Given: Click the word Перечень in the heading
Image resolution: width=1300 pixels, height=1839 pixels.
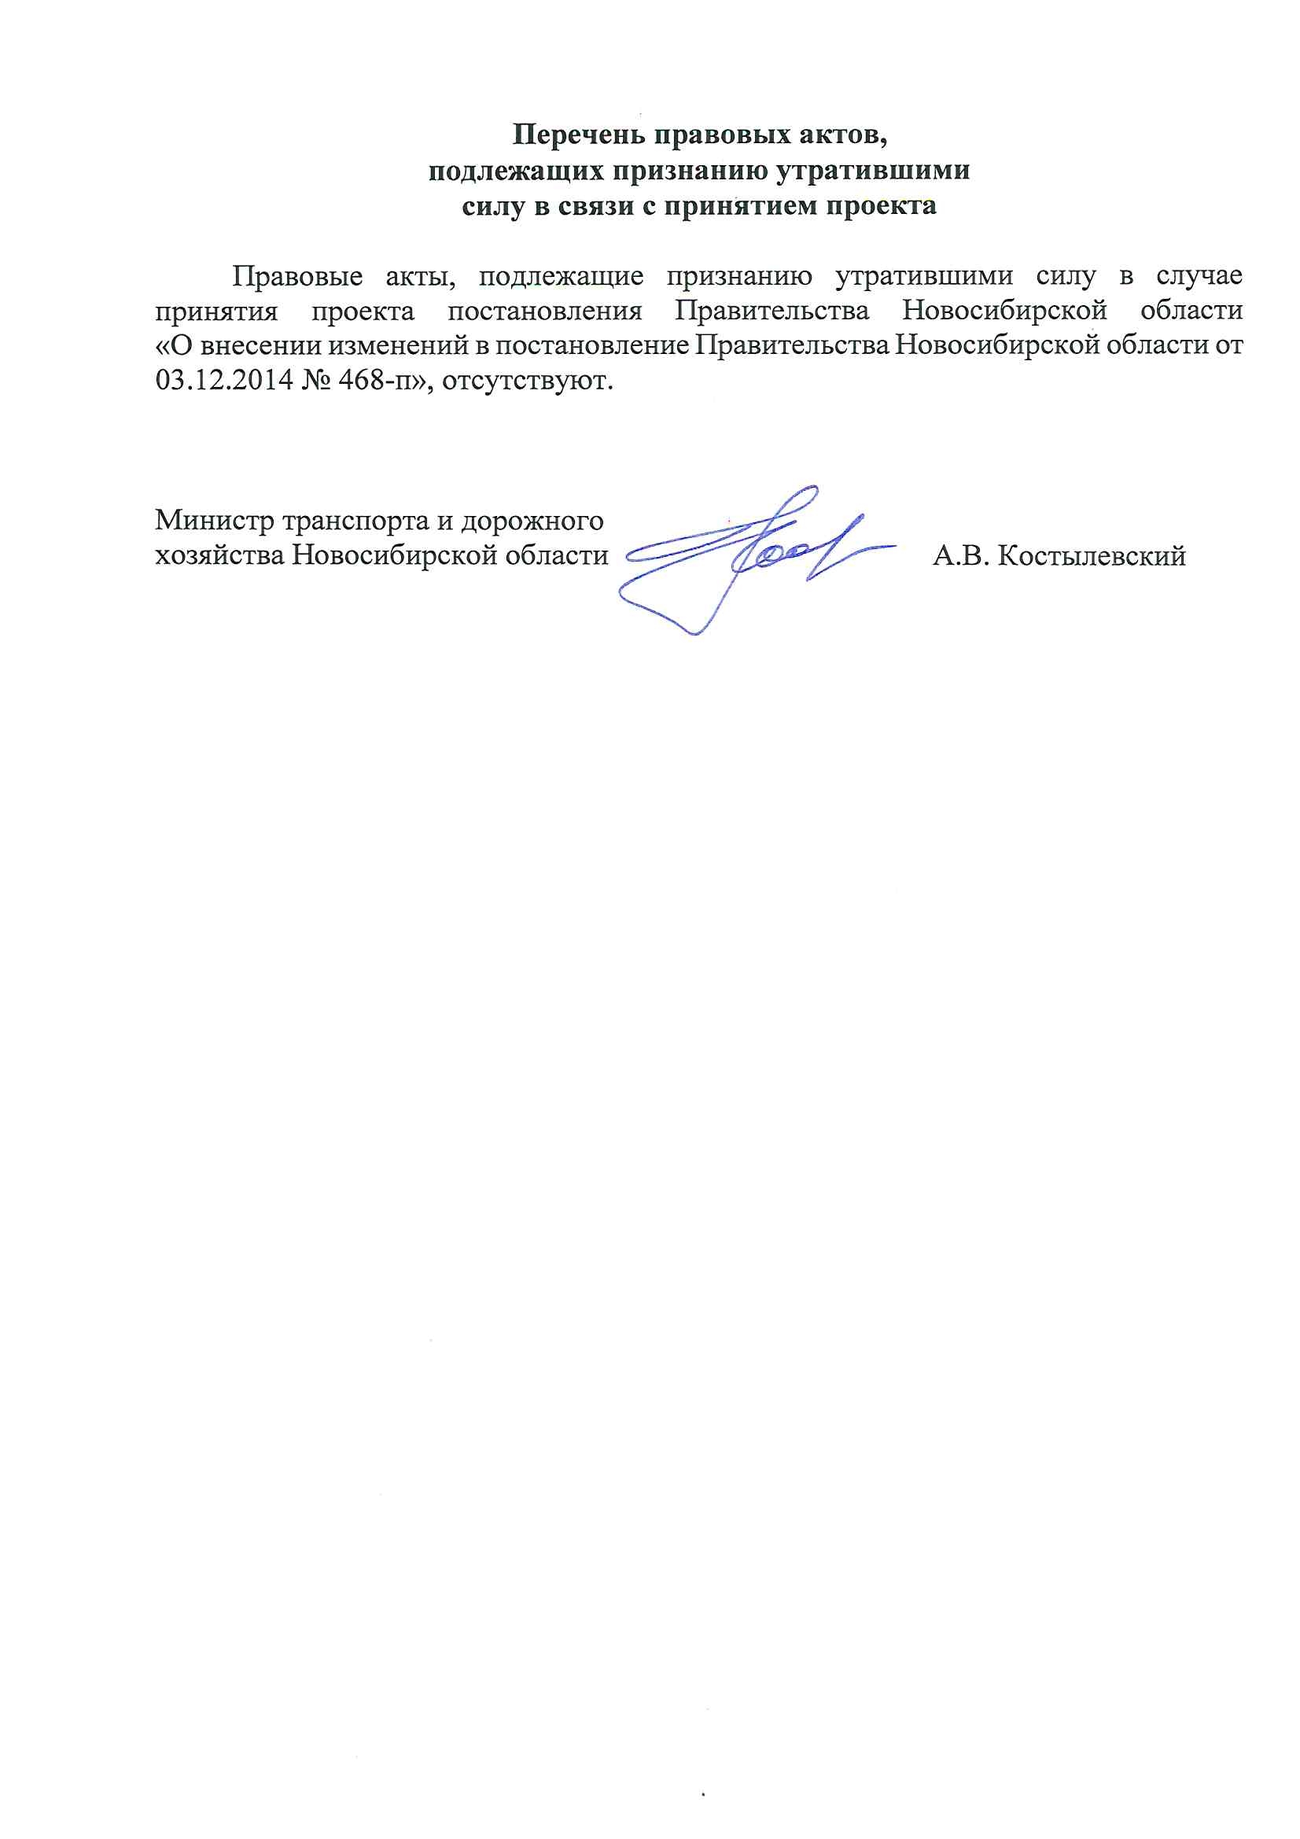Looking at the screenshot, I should coord(578,135).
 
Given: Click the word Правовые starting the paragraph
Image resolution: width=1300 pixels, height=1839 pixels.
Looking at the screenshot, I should coord(297,276).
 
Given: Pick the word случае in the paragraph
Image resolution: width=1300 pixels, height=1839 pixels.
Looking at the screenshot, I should coord(1199,276).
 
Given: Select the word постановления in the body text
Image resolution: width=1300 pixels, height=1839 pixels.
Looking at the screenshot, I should coord(545,311).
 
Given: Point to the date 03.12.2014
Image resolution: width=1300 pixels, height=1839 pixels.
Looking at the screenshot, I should coord(224,380).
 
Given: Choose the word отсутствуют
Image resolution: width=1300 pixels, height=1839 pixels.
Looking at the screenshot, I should coord(527,380).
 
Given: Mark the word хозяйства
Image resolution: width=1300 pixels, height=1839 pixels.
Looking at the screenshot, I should coord(219,556).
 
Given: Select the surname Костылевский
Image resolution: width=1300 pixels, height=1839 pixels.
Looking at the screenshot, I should coord(1092,556).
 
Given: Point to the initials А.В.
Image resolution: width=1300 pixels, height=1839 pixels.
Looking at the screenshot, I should coord(961,556).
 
